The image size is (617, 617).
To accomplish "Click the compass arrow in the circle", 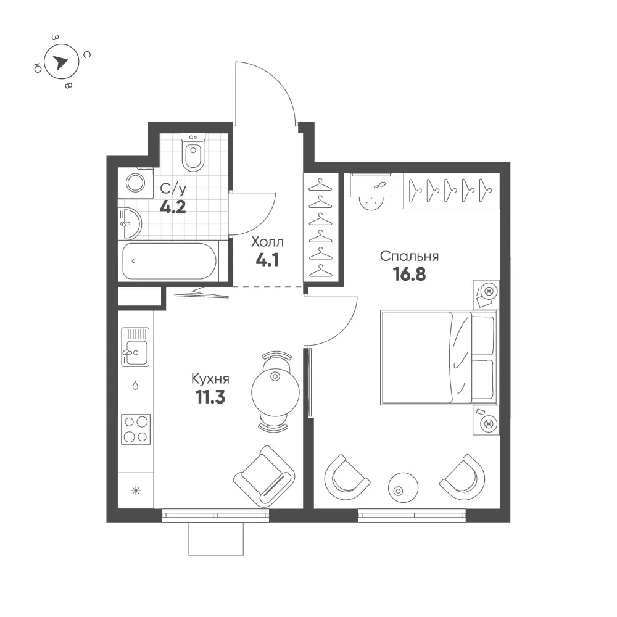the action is coord(60,62).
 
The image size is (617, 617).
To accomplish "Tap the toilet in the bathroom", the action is coord(193,152).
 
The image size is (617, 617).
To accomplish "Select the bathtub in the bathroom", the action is coord(169,261).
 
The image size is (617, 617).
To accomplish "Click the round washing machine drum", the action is coord(135,183).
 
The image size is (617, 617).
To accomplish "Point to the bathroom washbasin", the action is coord(130,223).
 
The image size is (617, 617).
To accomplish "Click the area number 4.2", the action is coord(173,207).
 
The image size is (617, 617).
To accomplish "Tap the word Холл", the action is coord(268,242).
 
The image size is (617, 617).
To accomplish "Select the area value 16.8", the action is coord(409,275).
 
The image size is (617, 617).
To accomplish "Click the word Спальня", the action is coord(409,256).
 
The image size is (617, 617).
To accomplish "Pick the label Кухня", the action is coord(210,379).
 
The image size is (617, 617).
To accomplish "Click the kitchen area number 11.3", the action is coord(210,397).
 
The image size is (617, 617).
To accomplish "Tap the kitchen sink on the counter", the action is coord(135,347).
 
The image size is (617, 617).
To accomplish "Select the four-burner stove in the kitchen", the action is coord(136,429).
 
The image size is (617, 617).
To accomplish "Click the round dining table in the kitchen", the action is coord(275,392).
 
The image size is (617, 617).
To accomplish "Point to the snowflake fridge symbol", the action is coord(136,491).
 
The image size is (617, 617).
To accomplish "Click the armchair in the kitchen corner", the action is coord(264,476).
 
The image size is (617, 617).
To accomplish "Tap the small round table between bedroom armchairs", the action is coord(404,487).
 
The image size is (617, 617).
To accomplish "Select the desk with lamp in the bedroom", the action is coord(371,185).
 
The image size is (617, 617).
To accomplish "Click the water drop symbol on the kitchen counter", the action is coord(135,386).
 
